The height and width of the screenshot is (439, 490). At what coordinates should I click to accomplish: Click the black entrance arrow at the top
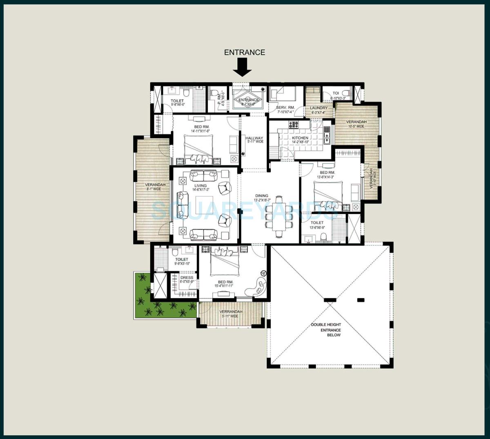243,67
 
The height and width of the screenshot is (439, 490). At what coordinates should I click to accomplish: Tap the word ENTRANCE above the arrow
245,52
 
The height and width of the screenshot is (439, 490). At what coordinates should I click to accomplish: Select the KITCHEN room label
300,138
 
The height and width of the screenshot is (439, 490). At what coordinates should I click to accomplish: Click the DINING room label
262,196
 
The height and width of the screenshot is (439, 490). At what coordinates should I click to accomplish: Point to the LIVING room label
200,186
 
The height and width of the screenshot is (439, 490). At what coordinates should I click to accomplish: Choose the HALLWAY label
254,138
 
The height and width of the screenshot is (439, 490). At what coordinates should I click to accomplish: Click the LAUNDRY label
318,108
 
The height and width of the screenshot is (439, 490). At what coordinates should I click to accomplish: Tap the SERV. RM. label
285,107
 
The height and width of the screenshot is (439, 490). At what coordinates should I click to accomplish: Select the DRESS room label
187,278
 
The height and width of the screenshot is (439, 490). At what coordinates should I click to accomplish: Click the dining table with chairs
279,216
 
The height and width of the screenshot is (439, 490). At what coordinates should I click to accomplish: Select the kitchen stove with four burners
294,125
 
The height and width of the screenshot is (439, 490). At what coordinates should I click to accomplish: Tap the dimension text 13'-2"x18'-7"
262,200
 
